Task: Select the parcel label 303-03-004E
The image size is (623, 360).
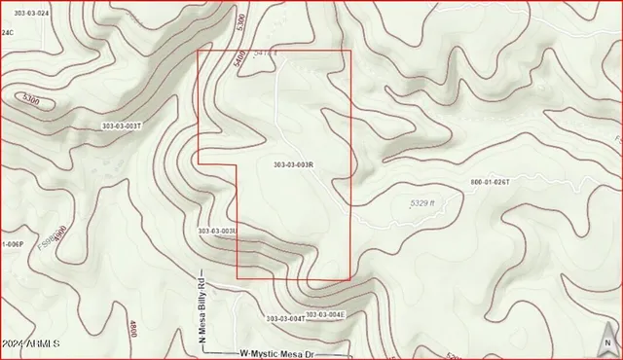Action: click(326, 314)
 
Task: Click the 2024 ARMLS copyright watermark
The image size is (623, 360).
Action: click(32, 344)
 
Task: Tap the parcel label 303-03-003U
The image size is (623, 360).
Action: click(217, 231)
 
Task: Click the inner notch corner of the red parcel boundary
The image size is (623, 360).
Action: click(238, 165)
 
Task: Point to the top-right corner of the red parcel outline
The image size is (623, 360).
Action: click(349, 51)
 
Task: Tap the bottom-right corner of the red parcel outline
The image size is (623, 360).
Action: click(349, 279)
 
